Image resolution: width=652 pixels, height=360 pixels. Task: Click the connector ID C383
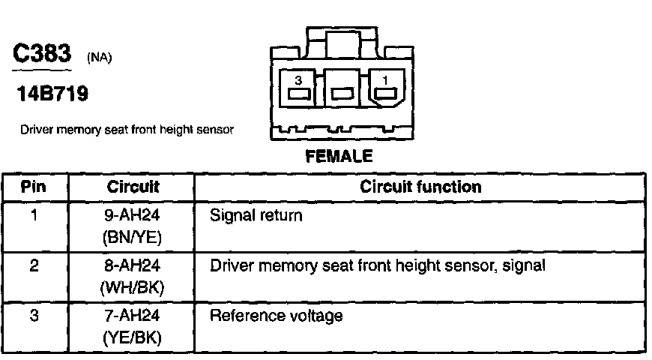pos(42,55)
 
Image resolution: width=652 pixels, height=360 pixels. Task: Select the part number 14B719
pos(52,94)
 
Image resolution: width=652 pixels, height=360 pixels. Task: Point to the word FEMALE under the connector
pos(339,157)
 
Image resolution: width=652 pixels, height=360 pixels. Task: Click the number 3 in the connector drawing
pos(298,79)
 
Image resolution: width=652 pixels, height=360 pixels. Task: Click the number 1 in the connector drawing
pos(386,79)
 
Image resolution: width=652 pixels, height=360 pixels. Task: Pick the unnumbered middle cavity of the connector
pos(342,94)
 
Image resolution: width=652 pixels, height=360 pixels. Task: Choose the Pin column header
pos(34,187)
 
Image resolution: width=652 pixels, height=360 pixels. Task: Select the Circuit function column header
pos(420,187)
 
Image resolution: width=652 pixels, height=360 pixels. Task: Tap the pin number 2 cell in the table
pos(34,266)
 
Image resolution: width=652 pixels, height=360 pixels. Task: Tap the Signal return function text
pos(256,216)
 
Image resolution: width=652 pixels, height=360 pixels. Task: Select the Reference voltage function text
pos(277,316)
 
